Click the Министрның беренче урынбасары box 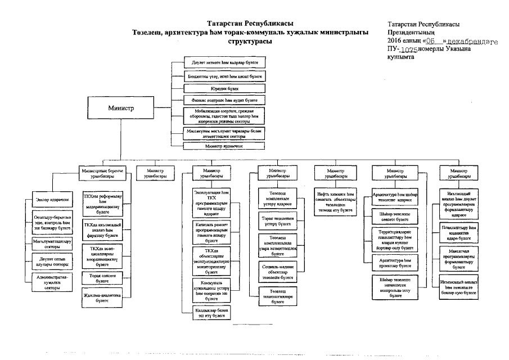pos(101,173)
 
